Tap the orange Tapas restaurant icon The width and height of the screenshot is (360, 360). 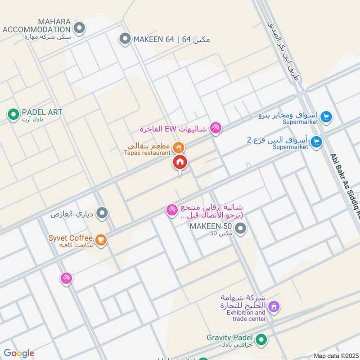click(179, 147)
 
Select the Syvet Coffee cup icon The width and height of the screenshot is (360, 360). click(101, 239)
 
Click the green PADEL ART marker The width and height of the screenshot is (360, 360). click(13, 115)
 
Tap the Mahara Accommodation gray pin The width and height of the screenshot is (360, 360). click(80, 29)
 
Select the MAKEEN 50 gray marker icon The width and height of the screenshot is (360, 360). click(241, 229)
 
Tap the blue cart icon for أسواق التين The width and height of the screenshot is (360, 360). click(317, 142)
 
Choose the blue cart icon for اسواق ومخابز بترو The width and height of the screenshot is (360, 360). click(326, 117)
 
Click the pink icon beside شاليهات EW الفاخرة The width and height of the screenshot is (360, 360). click(216, 129)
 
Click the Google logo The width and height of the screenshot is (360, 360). click(19, 353)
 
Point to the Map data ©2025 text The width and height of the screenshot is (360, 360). click(335, 355)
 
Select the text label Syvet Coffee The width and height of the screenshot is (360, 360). click(71, 238)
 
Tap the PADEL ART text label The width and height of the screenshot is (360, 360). click(42, 112)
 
